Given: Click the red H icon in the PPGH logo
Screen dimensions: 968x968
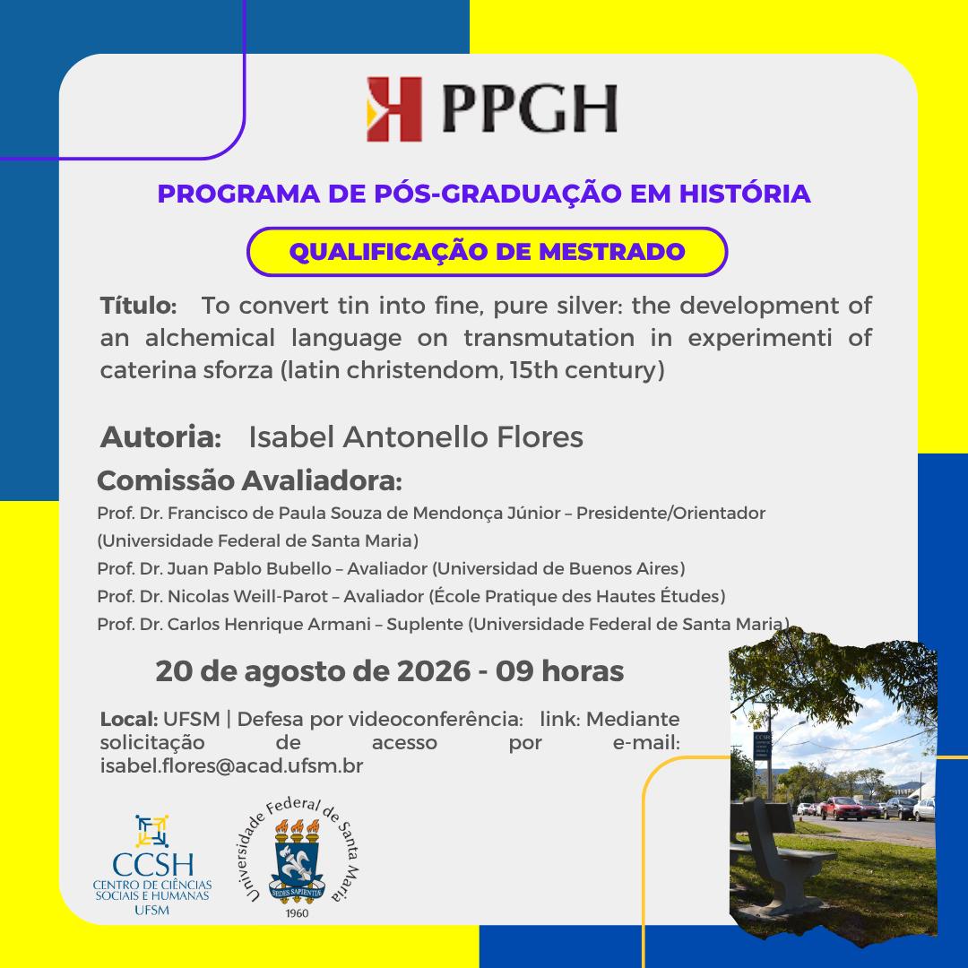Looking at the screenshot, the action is (393, 109).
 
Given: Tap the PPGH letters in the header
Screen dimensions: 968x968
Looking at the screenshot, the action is (530, 109).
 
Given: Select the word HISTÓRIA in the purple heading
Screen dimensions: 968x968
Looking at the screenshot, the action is (745, 194).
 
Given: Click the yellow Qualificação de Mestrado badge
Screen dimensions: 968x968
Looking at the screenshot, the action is (487, 252).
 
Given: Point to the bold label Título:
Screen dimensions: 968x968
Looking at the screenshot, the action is (138, 306).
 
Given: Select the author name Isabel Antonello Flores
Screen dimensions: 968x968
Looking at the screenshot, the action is (416, 437).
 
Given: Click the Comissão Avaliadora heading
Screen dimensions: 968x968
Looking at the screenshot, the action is (249, 481).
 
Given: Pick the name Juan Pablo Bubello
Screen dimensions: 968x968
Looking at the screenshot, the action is (249, 568).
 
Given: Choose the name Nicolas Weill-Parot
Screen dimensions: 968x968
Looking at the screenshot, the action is (247, 596).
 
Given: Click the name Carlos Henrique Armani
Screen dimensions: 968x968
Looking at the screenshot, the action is (269, 624).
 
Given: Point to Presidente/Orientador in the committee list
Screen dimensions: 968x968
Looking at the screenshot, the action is (671, 513).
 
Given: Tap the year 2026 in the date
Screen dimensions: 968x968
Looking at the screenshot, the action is (434, 671).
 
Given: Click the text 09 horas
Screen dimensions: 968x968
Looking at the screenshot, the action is (560, 671).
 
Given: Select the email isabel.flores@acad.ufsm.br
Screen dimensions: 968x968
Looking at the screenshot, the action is (231, 765).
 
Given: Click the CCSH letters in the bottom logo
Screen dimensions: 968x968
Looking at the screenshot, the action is (152, 864).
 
